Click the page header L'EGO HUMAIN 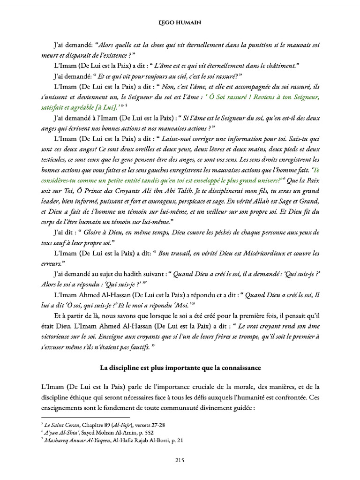coord(180,22)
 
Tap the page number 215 coord(180,460)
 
